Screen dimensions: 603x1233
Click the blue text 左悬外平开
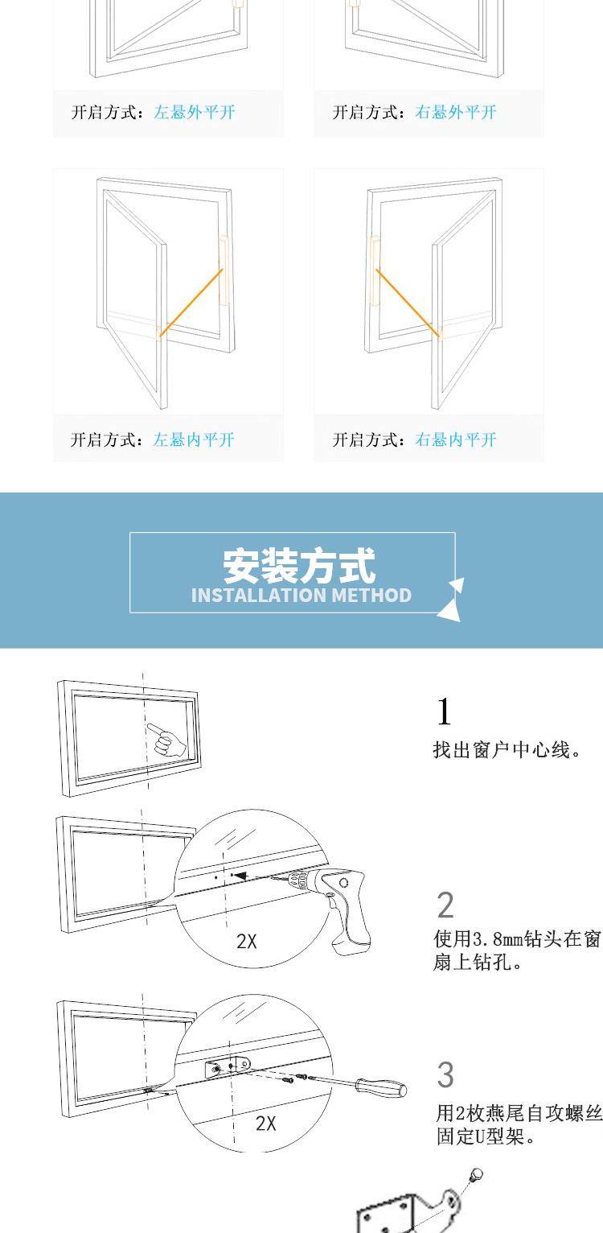pos(195,113)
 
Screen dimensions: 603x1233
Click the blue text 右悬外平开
pos(456,113)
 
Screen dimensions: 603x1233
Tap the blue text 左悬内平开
pos(194,439)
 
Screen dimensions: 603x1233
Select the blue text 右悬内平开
pos(456,439)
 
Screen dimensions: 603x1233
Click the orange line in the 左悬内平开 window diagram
pos(191,302)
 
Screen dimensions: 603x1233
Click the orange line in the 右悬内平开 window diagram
pos(408,302)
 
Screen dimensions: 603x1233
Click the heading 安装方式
pos(300,565)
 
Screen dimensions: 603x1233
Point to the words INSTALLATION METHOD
pos(301,596)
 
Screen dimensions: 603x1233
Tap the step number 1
pos(444,711)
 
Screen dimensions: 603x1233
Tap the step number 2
pos(445,905)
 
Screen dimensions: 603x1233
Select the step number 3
pos(445,1075)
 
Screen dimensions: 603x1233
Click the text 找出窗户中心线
pos(502,750)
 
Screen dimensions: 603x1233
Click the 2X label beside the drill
pos(247,942)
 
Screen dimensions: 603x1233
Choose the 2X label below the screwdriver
pos(266,1123)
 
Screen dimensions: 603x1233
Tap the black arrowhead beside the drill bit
pos(240,875)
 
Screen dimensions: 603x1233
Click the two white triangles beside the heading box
pos(451,600)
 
